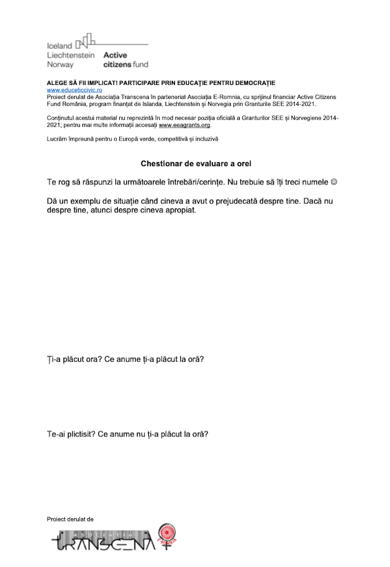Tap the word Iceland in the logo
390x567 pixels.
[x=60, y=46]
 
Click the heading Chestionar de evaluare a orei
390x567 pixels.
[x=196, y=163]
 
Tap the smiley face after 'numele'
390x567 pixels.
[x=334, y=182]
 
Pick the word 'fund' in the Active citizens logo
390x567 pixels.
[x=140, y=65]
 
